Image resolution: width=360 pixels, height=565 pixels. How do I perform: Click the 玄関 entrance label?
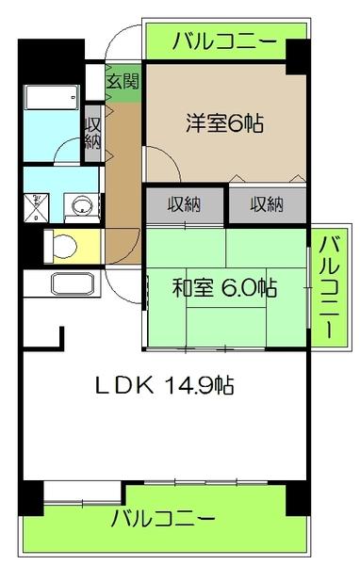point(122,81)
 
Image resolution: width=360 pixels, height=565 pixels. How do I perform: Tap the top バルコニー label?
point(224,41)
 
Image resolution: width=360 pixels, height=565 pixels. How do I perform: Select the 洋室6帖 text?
point(223,121)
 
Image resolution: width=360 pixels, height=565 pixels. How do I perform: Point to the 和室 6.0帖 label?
point(224,288)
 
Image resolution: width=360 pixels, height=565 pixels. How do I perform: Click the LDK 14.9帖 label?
point(163,384)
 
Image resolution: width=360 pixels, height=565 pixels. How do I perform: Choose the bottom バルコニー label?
point(163,518)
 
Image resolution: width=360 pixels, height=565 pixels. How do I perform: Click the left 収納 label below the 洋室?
point(186,203)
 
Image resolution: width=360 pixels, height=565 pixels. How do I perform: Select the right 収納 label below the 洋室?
point(267,203)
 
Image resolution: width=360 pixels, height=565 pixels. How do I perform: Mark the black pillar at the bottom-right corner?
point(298,497)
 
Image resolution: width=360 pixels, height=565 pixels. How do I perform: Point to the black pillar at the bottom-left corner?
point(30,497)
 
